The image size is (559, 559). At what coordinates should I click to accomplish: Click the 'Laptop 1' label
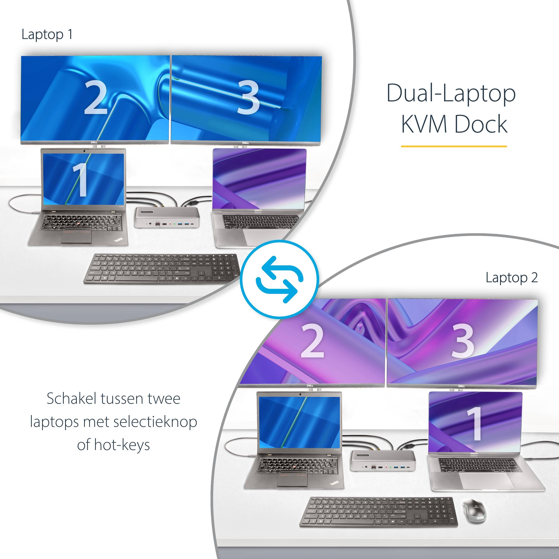click(x=47, y=35)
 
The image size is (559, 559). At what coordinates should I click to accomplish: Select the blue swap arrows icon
click(x=279, y=279)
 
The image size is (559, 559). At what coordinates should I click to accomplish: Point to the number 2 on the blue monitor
click(x=95, y=98)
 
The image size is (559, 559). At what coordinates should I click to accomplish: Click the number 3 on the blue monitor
click(x=248, y=98)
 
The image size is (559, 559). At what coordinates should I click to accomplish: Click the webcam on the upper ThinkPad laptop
click(x=84, y=151)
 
